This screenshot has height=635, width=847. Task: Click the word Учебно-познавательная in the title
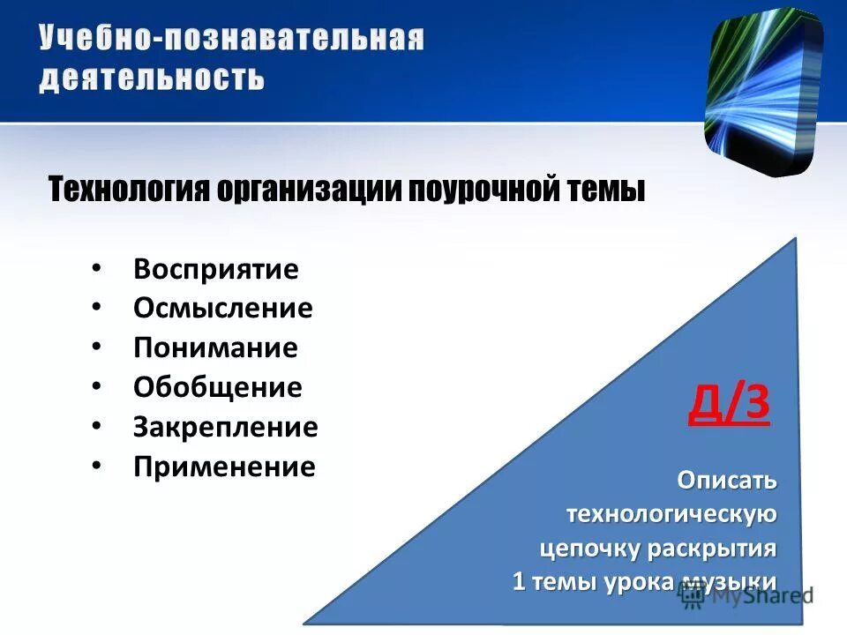pyautogui.click(x=231, y=40)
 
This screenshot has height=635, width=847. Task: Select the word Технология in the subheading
pyautogui.click(x=128, y=189)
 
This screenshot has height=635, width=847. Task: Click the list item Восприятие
pyautogui.click(x=216, y=269)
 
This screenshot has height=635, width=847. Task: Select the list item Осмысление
pyautogui.click(x=223, y=309)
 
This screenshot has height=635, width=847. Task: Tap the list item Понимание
pyautogui.click(x=215, y=347)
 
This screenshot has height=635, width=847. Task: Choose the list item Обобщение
pyautogui.click(x=218, y=387)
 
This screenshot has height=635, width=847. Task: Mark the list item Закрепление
pyautogui.click(x=226, y=427)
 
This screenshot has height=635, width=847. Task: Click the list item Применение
pyautogui.click(x=224, y=467)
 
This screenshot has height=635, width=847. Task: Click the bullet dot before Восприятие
pyautogui.click(x=96, y=267)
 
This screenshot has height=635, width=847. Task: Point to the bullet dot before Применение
pyautogui.click(x=96, y=465)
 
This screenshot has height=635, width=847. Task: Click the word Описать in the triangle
pyautogui.click(x=727, y=481)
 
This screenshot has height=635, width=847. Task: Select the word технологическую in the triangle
pyautogui.click(x=671, y=514)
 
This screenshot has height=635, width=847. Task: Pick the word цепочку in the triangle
pyautogui.click(x=589, y=548)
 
